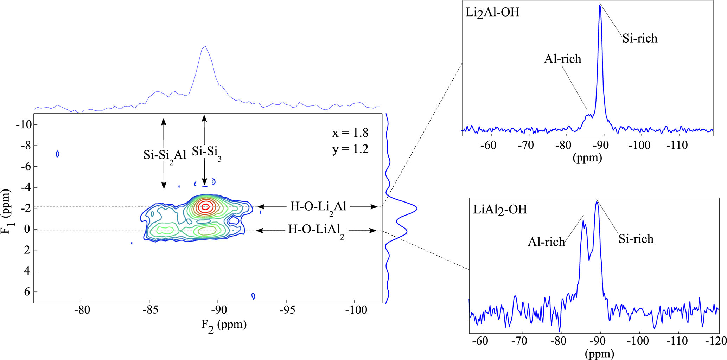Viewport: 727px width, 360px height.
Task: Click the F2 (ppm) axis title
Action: [x=224, y=324]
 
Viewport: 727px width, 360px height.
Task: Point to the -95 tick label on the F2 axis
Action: [x=286, y=310]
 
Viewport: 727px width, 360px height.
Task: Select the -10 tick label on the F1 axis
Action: [x=24, y=125]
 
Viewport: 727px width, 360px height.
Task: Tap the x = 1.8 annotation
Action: [x=350, y=133]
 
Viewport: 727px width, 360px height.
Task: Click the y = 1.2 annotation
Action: [x=350, y=149]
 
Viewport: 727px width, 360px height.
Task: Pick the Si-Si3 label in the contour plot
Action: [x=206, y=152]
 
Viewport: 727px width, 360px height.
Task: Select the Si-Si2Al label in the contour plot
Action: [x=165, y=155]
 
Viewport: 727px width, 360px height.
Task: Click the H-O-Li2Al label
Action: [x=318, y=207]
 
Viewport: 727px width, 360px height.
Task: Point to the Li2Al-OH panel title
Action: [x=492, y=13]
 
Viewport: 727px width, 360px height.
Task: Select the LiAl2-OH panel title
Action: [x=500, y=210]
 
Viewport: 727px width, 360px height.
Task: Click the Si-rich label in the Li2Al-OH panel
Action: [x=640, y=38]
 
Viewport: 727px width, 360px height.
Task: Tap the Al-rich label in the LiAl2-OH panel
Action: [x=546, y=242]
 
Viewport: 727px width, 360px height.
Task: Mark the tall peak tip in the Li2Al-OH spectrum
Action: [x=600, y=6]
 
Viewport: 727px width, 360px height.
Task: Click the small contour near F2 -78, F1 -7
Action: [x=58, y=154]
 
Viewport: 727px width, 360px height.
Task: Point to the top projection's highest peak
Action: [x=205, y=46]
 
